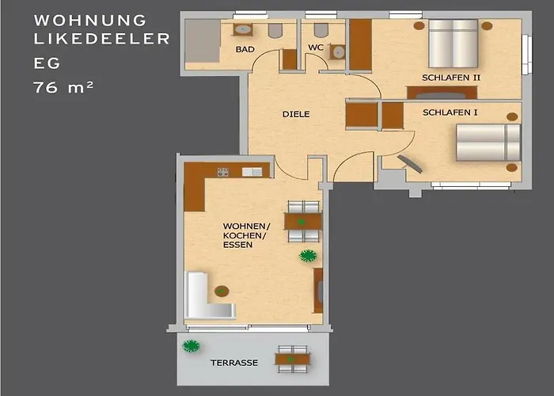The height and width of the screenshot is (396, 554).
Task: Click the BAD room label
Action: tap(245, 49)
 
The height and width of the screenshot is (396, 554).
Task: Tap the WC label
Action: tap(316, 48)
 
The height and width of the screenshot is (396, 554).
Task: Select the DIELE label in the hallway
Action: tap(296, 114)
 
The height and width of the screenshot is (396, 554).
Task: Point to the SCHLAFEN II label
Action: tap(451, 78)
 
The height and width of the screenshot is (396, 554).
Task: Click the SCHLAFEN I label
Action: tap(450, 112)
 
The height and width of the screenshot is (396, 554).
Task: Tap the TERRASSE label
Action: tap(234, 363)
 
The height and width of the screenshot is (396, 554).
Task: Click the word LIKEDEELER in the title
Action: tap(102, 39)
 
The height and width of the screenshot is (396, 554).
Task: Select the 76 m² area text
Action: tap(63, 87)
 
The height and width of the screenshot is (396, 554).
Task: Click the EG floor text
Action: tap(47, 63)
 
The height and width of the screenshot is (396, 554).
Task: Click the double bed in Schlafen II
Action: tap(453, 44)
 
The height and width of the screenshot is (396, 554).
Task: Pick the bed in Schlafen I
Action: tap(488, 142)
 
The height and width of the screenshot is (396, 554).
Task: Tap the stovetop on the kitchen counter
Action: tap(223, 172)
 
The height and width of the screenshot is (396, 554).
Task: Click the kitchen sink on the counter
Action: tap(252, 172)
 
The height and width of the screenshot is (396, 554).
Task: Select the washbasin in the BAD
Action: tap(243, 30)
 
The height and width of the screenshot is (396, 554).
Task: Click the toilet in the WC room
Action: tap(321, 30)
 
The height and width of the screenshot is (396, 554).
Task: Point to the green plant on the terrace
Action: tap(192, 346)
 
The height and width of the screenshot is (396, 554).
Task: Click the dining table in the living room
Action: tap(303, 222)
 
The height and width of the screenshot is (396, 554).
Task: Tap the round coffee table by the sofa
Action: tap(222, 291)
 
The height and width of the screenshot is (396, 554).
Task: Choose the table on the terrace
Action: tap(293, 360)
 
